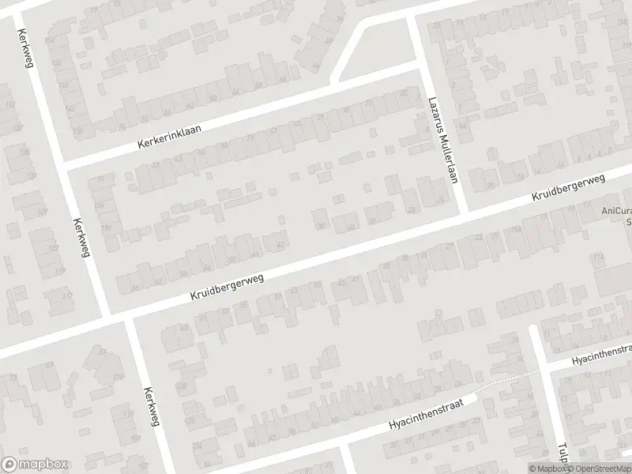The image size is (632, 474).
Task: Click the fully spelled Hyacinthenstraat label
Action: (425, 413)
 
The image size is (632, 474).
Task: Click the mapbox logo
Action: (35, 464)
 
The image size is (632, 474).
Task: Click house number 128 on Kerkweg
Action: (182, 386)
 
